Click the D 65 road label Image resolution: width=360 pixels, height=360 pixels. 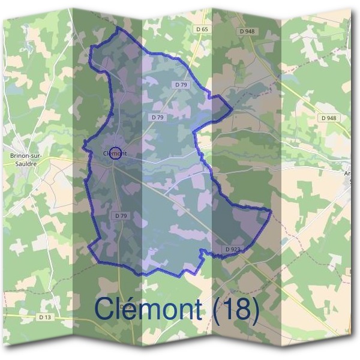click(202, 29)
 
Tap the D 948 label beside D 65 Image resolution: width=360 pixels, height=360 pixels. click(247, 31)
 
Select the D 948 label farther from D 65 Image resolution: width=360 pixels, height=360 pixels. click(329, 118)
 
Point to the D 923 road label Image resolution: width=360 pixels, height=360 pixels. click(233, 248)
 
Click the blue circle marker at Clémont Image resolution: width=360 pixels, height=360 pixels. click(116, 153)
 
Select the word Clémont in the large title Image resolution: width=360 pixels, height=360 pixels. click(149, 309)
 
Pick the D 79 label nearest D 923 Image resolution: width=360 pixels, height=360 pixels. click(120, 215)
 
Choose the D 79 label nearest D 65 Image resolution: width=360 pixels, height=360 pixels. click(181, 85)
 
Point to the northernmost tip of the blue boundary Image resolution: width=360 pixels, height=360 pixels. click(118, 28)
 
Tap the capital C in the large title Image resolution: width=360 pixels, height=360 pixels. click(106, 309)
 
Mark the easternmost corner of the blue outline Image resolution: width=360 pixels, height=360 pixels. click(271, 211)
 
